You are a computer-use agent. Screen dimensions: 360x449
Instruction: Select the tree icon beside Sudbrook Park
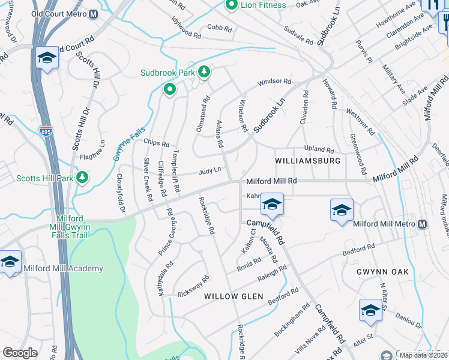205,73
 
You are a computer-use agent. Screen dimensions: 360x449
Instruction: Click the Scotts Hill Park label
45,178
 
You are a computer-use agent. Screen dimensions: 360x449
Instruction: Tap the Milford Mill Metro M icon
422,224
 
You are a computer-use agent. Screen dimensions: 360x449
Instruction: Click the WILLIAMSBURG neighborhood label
308,161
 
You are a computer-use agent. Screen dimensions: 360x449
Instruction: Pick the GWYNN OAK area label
382,272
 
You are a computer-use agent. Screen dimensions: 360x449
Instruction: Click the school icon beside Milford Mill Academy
10,262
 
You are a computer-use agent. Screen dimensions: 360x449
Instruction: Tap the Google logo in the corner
20,352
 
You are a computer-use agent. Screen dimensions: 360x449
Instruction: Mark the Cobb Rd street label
218,27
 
